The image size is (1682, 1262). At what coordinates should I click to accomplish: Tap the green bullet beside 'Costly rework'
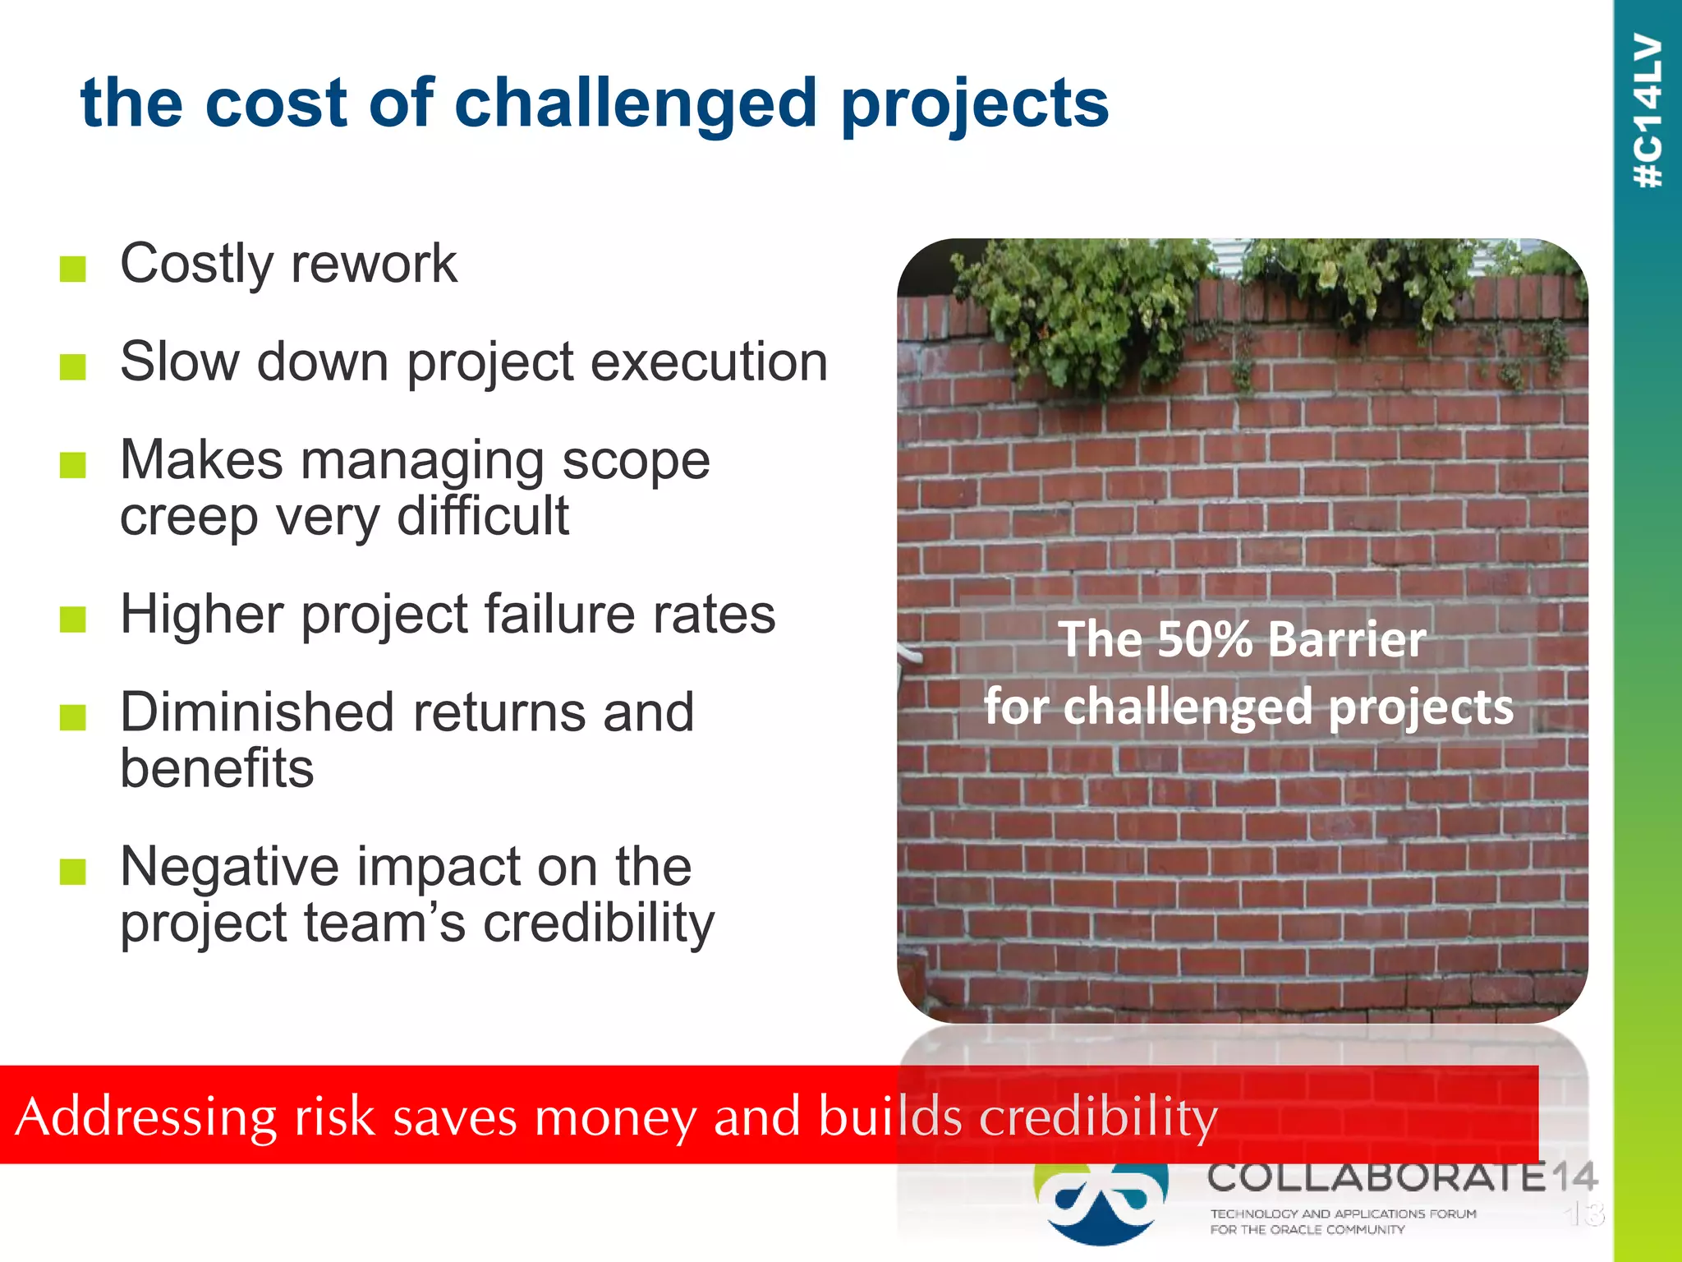point(73,268)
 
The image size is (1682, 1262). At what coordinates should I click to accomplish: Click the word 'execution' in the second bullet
point(709,362)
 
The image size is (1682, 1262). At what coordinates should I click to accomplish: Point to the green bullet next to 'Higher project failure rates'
point(73,619)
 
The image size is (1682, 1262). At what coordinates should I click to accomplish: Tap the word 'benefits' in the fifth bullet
point(217,767)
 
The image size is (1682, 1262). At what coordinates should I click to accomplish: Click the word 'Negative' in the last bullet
point(229,866)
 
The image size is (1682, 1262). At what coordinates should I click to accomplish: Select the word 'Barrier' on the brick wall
point(1346,639)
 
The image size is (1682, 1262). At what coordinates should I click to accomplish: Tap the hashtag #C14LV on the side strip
point(1648,111)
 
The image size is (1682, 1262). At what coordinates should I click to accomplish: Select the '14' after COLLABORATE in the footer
point(1574,1177)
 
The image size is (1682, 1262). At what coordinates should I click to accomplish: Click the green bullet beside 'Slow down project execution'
point(73,366)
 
